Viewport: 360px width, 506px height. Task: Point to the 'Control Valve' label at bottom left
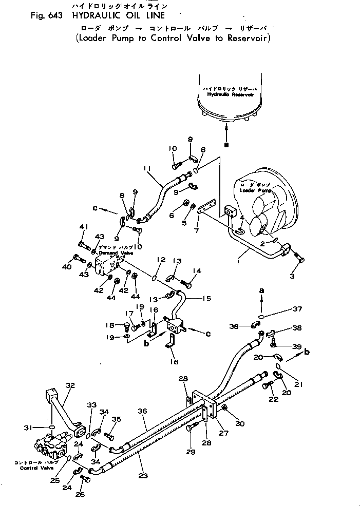tap(35, 468)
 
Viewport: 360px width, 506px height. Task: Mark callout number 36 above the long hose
tap(142, 411)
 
